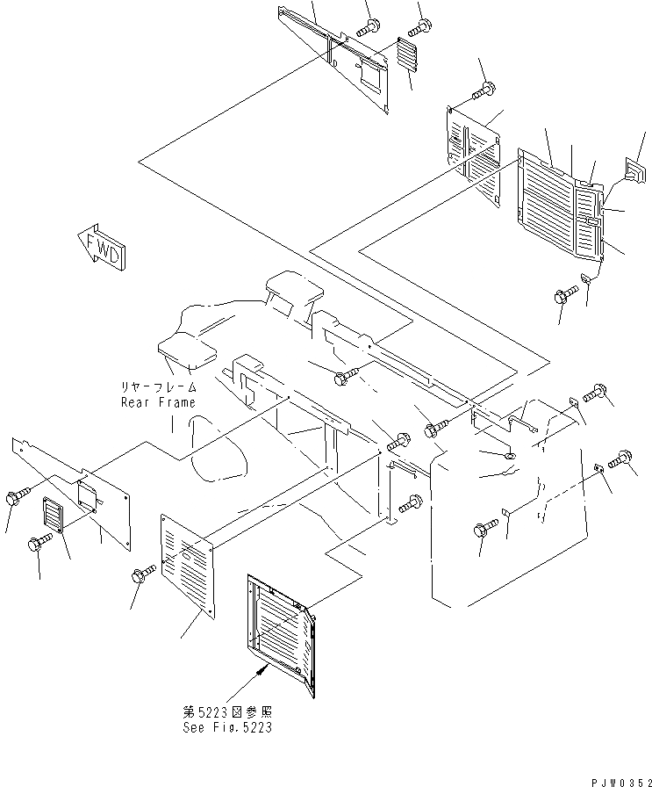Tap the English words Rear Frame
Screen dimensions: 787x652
(x=159, y=402)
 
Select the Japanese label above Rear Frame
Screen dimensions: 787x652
(x=159, y=386)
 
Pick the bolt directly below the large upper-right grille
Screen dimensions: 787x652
(x=562, y=298)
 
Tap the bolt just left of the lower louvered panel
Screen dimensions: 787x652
(x=140, y=575)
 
